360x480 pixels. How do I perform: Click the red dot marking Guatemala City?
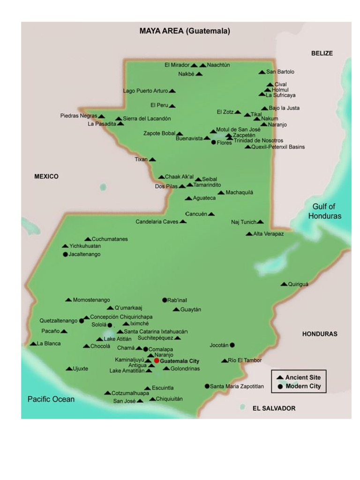pos(157,361)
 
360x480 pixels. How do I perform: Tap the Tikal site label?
pos(256,114)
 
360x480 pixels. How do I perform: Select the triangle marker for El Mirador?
pos(194,66)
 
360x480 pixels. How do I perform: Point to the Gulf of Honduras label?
pos(324,211)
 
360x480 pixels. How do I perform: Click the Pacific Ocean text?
pos(51,399)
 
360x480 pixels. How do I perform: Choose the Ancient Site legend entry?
pos(302,377)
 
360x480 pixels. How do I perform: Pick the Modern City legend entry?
pos(302,386)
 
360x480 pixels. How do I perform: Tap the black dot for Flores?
pos(214,142)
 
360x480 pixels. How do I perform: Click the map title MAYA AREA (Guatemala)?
pos(185,31)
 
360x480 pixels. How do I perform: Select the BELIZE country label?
pos(322,53)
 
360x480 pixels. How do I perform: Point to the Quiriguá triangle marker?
pos(284,284)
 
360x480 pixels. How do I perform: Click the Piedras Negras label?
pos(79,116)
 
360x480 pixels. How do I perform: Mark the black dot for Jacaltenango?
pos(65,255)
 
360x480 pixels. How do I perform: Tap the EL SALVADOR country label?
pos(274,408)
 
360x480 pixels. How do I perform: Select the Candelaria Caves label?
pos(157,222)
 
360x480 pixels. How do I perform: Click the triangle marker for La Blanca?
pos(33,344)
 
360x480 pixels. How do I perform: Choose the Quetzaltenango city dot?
pos(82,321)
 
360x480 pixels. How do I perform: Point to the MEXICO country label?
pos(46,177)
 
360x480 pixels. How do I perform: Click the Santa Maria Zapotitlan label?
pos(237,386)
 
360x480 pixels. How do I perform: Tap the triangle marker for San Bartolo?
pos(262,72)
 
